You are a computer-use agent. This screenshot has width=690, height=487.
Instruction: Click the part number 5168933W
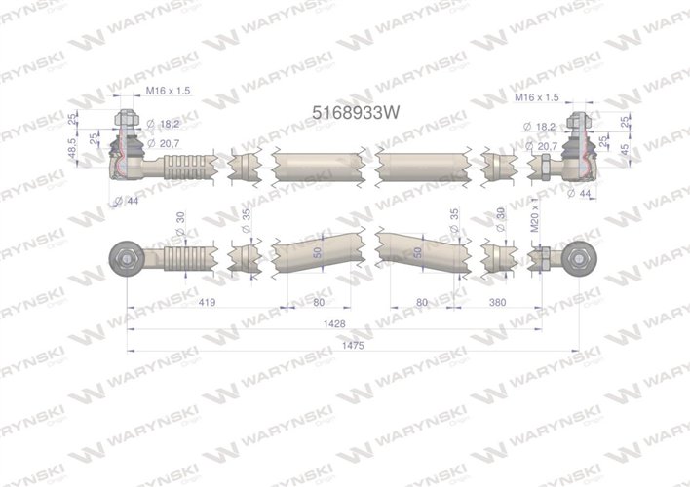[355, 111]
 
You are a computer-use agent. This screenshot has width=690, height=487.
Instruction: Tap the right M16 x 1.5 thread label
[536, 97]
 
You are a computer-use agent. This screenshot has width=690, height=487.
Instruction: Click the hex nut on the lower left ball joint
[128, 257]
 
